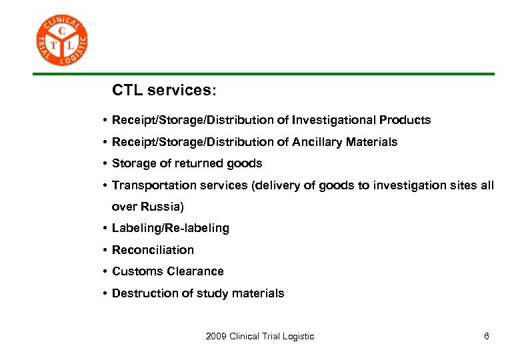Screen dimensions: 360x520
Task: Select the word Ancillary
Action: [318, 142]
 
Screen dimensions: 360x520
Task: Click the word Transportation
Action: [149, 185]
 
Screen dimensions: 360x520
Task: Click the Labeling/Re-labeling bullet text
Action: [170, 228]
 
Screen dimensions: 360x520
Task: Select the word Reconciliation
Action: [153, 250]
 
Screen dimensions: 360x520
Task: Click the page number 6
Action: [487, 336]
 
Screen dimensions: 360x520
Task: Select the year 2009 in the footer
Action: [216, 336]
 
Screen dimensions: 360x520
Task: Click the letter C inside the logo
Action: [62, 31]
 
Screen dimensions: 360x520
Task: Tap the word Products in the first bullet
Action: [405, 121]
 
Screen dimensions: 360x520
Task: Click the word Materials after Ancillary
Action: [371, 142]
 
